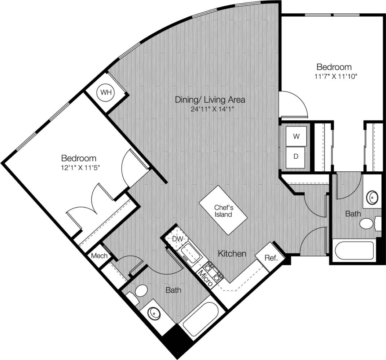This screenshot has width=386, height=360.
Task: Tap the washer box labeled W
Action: pos(296,136)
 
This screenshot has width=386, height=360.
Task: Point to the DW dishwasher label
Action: pos(177,239)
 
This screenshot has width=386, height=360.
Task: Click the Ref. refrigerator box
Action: pos(271,258)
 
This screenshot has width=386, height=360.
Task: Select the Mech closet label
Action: pos(99,256)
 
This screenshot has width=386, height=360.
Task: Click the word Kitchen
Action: pos(232,254)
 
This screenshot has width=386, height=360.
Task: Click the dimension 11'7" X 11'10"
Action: pos(334,76)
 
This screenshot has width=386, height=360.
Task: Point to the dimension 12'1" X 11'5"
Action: pos(79,168)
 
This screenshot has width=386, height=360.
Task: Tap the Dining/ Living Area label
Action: pos(210,99)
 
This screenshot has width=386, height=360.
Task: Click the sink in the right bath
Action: pos(372,197)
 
